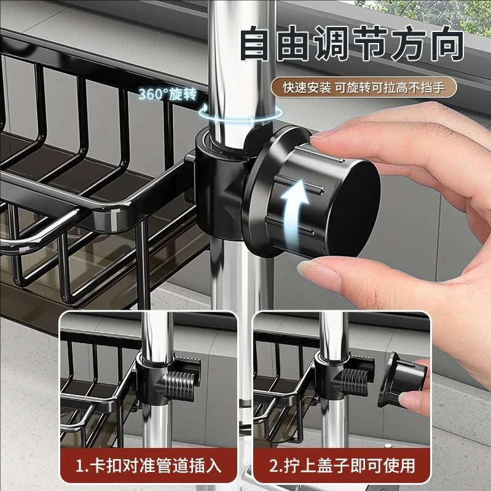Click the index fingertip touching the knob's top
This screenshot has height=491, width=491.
pos(326,143)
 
